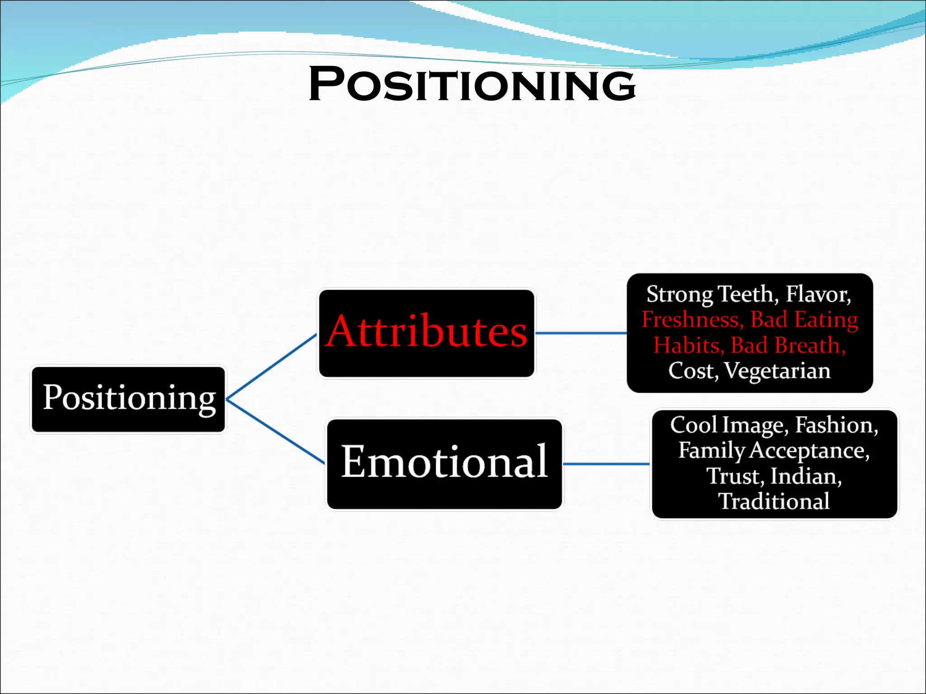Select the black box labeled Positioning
tap(128, 399)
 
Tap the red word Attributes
tap(426, 332)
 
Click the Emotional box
tap(444, 463)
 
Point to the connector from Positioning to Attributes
tap(271, 366)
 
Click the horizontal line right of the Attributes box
tap(581, 333)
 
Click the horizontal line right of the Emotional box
tap(606, 464)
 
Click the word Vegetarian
tap(777, 371)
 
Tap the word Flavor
tap(817, 295)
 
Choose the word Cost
tap(692, 371)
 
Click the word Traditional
tap(774, 502)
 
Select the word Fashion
tap(836, 425)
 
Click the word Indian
tap(805, 476)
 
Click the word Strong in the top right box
tap(679, 295)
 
